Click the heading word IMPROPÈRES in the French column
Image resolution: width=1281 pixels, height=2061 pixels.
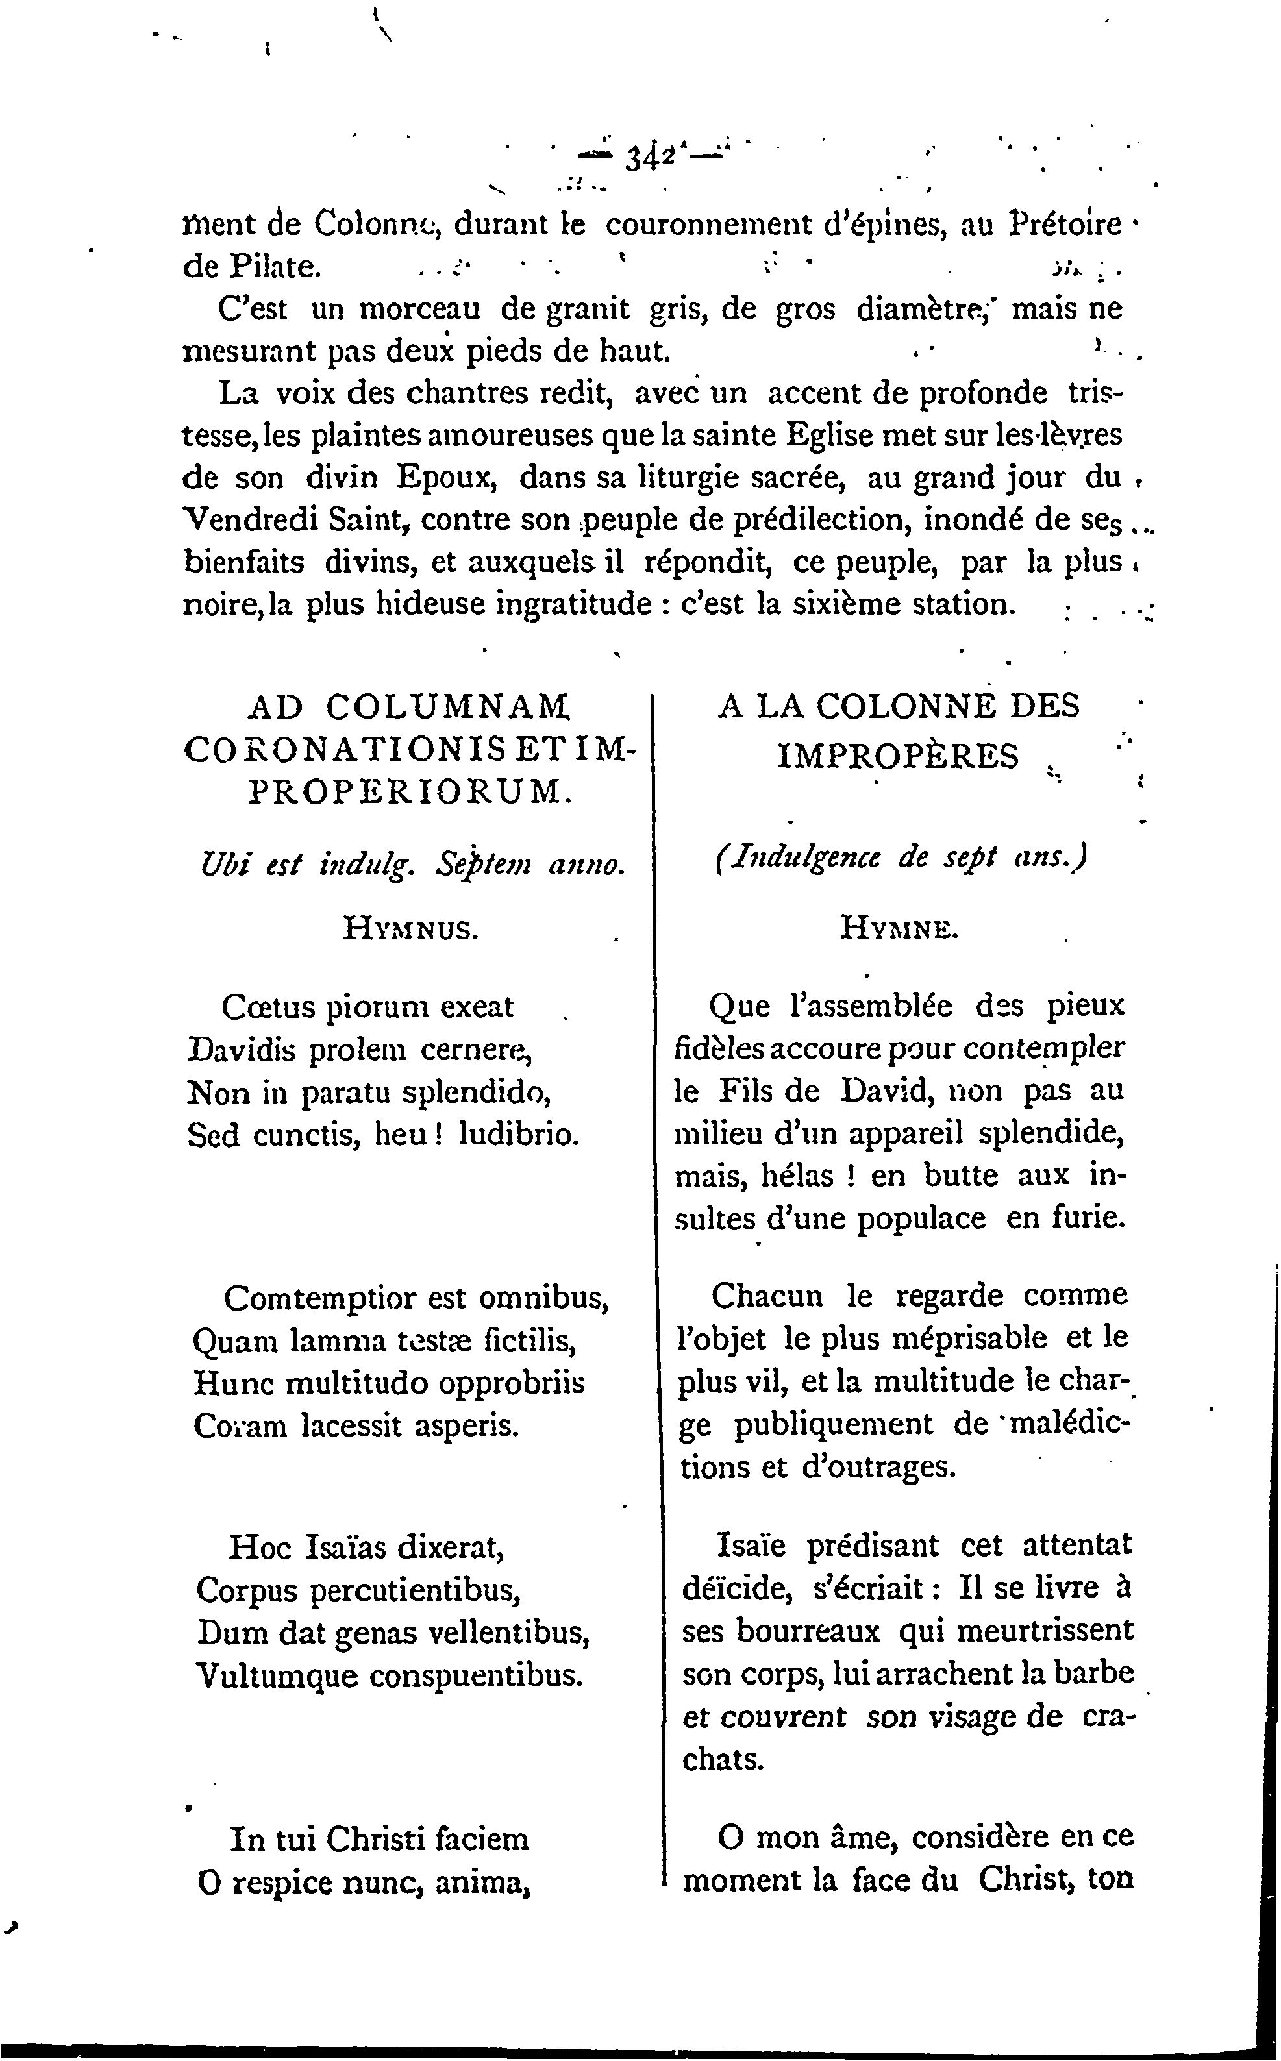tap(898, 756)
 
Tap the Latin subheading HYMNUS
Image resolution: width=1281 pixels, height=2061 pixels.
tap(412, 930)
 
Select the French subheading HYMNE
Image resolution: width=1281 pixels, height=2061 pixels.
tap(898, 930)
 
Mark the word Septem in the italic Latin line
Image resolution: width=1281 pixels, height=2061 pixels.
tap(483, 865)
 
